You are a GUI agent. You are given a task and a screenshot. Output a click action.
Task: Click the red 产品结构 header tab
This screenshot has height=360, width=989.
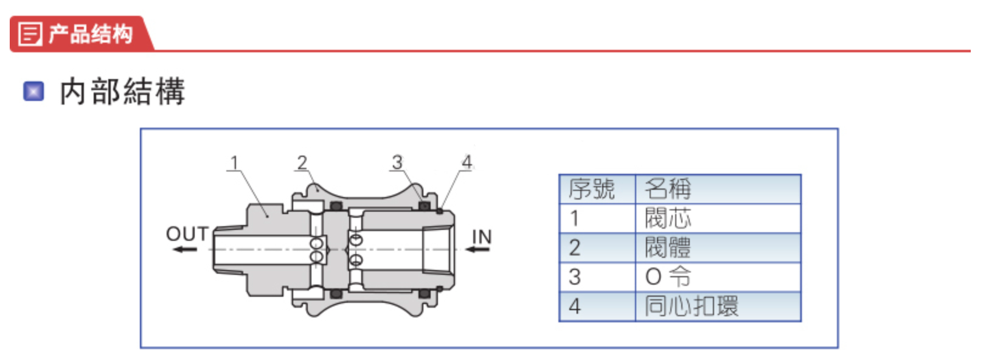pyautogui.click(x=82, y=33)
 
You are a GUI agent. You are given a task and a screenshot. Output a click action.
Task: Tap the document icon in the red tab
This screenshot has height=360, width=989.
pyautogui.click(x=30, y=33)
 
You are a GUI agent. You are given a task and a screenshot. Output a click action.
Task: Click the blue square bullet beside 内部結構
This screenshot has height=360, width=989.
pyautogui.click(x=33, y=91)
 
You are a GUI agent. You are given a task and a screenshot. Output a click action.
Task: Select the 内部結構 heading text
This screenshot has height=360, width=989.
pyautogui.click(x=122, y=92)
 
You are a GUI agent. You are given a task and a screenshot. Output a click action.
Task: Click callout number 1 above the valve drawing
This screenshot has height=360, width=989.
pyautogui.click(x=234, y=162)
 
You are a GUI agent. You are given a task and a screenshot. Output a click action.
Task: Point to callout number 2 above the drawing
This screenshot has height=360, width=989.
pyautogui.click(x=302, y=162)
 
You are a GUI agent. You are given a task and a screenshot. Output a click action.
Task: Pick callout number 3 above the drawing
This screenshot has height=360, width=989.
pyautogui.click(x=397, y=162)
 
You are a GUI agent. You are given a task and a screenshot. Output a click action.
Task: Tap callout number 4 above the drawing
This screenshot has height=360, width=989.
pyautogui.click(x=467, y=162)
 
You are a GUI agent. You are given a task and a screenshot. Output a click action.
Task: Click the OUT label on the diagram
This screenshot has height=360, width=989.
pyautogui.click(x=187, y=234)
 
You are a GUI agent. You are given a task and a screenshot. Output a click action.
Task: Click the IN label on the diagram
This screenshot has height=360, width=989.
pyautogui.click(x=481, y=236)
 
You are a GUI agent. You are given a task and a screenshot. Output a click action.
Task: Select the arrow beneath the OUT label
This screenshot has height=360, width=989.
pyautogui.click(x=184, y=249)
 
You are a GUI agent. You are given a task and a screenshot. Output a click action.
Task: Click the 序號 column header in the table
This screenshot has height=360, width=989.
pyautogui.click(x=592, y=189)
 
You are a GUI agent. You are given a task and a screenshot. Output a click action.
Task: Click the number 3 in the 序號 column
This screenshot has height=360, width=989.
pyautogui.click(x=575, y=277)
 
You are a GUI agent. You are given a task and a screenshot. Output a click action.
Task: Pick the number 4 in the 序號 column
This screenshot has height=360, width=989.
pyautogui.click(x=575, y=306)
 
